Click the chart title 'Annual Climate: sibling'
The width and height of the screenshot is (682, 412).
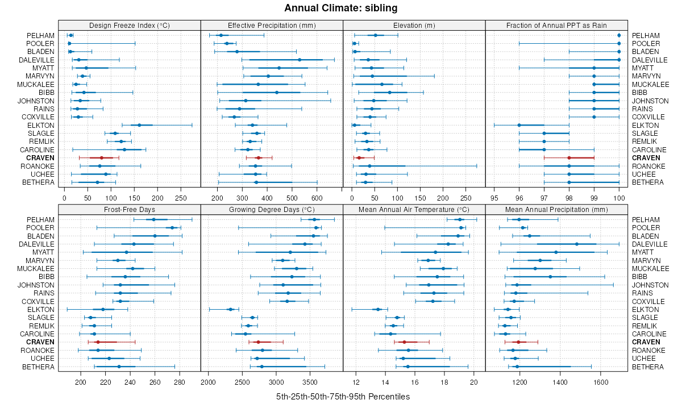pos(340,8)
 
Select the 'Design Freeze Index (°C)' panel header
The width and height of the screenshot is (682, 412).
pos(130,25)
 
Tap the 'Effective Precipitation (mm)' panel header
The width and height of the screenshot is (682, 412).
pos(272,25)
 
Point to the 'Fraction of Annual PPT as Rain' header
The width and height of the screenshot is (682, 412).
pos(556,25)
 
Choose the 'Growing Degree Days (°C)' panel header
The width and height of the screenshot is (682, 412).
pos(272,209)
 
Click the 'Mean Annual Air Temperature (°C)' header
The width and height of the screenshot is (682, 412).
pos(414,209)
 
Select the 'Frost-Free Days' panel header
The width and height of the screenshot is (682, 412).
pos(130,209)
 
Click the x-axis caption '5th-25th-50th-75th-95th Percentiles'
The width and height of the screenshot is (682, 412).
pos(340,396)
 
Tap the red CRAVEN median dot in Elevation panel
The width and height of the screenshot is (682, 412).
pos(359,157)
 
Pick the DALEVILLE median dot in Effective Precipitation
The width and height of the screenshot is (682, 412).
pos(300,60)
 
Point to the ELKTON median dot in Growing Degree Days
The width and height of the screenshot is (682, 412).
pos(230,309)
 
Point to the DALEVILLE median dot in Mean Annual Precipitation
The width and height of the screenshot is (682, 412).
pos(577,244)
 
